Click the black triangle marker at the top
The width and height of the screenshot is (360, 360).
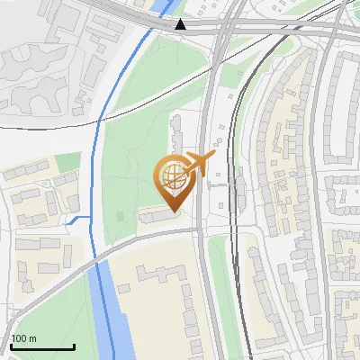click(181, 24)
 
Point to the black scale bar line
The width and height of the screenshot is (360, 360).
click(42, 346)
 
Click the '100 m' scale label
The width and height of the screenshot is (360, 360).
click(23, 338)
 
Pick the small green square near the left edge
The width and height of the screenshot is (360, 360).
click(67, 163)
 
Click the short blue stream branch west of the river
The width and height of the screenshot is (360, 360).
click(79, 220)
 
